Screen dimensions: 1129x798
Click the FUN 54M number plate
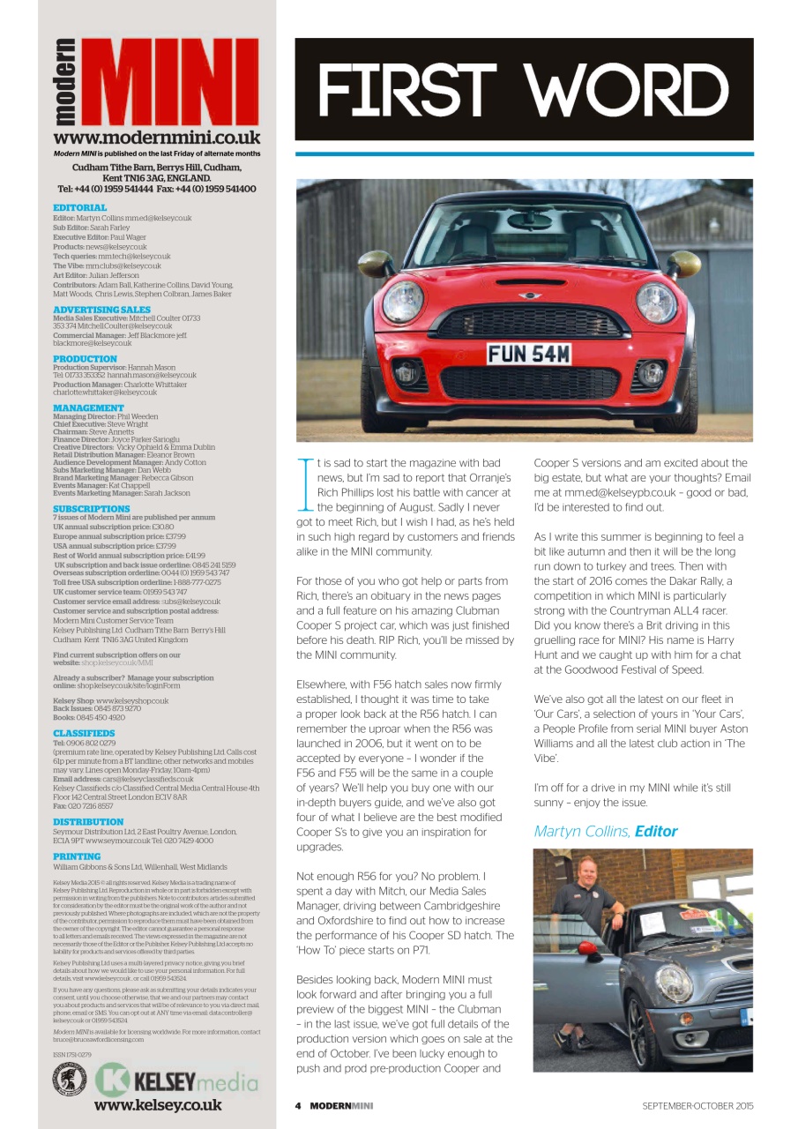[x=528, y=354]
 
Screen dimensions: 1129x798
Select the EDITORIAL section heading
[x=79, y=208]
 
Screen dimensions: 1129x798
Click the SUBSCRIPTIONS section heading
[x=92, y=509]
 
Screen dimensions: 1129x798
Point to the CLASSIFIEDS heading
[x=84, y=733]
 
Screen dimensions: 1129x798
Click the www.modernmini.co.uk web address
[x=157, y=138]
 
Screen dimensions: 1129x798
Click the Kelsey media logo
[x=176, y=1080]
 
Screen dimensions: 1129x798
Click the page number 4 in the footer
[x=298, y=1106]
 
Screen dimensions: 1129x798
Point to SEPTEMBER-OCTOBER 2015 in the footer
[x=697, y=1106]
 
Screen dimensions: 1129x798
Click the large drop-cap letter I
[x=305, y=483]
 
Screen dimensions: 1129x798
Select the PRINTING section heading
[x=77, y=856]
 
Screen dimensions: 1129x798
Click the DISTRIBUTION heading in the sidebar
[x=88, y=821]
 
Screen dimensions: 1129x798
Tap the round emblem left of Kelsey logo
[x=69, y=1080]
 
